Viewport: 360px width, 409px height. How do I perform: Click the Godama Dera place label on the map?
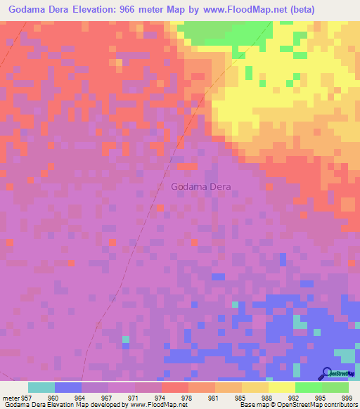(200, 187)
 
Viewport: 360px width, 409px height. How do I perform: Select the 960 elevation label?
(54, 397)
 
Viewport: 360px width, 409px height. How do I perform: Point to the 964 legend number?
(81, 397)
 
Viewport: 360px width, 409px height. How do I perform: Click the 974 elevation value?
(161, 397)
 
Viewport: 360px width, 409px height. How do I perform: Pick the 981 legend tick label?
(214, 397)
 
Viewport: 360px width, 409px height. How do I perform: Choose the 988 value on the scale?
(268, 397)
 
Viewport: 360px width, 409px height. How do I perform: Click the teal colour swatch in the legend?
(41, 387)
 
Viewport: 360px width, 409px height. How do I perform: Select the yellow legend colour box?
(282, 387)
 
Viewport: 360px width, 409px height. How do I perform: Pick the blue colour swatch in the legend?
(68, 387)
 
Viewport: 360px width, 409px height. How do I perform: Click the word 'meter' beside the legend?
(8, 397)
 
